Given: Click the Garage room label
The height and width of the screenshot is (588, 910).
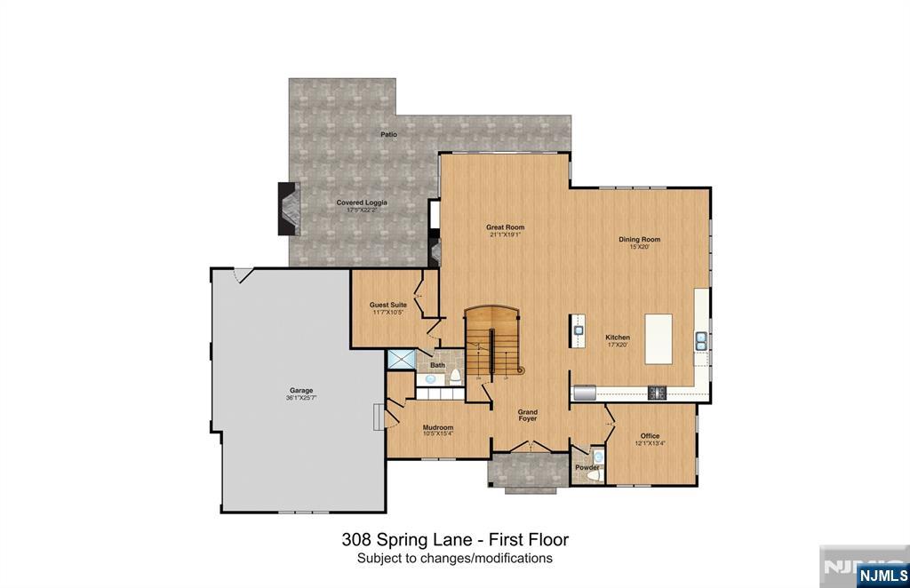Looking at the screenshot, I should [300, 391].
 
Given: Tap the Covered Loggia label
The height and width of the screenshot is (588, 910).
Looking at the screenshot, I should [362, 203].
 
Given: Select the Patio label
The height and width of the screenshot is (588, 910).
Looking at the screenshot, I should [388, 134].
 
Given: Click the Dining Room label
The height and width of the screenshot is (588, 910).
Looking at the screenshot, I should [639, 240].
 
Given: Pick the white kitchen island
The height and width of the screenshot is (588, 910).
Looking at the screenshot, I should [659, 338].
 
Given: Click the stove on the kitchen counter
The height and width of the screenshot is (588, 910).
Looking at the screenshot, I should [658, 392].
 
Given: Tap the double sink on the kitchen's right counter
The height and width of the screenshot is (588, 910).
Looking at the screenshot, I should [702, 338].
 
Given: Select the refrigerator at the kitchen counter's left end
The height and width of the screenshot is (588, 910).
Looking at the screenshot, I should [585, 392].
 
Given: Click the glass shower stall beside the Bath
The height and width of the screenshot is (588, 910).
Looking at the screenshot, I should [401, 359].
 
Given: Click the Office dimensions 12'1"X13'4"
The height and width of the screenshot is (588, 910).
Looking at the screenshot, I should [651, 443].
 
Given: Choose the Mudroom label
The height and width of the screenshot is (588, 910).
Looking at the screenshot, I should [438, 427].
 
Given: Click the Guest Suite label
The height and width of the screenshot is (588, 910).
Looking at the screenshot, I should [388, 305].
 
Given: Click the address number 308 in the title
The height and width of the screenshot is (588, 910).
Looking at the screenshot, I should [355, 539].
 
